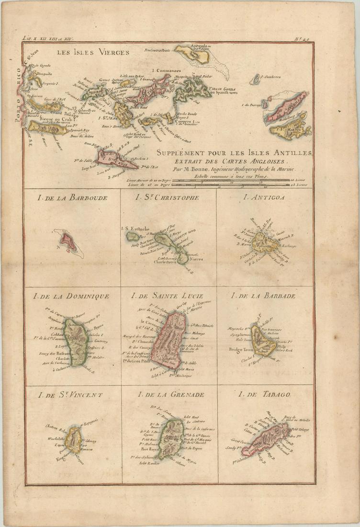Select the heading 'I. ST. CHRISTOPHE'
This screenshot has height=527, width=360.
pos(167,197)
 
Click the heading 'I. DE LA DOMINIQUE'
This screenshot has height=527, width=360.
pos(71,296)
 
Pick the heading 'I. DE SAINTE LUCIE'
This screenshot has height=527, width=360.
pos(167,296)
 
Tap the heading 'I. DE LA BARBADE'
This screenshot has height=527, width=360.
pos(263,296)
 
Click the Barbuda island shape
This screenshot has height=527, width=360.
pos(67,241)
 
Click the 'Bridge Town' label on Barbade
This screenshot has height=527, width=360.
pos(241,350)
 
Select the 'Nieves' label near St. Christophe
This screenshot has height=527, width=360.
pos(196,259)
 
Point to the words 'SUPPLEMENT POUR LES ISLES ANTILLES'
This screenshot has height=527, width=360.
pos(235,153)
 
